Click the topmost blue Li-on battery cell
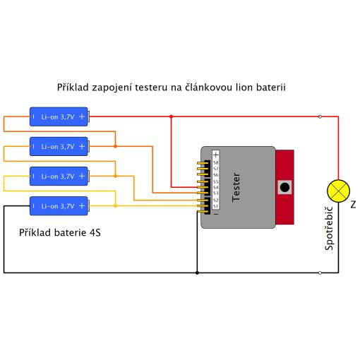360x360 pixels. [59, 116]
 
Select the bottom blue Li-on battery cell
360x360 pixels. [59, 206]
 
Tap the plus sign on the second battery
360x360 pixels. [82, 146]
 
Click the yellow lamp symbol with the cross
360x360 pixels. [338, 191]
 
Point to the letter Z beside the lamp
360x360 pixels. [353, 205]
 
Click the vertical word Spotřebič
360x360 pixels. [329, 228]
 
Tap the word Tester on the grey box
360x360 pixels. [236, 187]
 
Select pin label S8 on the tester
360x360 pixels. [216, 162]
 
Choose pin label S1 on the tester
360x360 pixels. [216, 206]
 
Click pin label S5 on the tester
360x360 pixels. [216, 181]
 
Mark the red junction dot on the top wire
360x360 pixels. [171, 116]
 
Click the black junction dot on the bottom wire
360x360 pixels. [197, 272]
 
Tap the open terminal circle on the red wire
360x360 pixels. [320, 116]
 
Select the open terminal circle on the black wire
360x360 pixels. [320, 272]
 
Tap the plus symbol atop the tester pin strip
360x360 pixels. [216, 155]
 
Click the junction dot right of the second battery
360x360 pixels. [115, 146]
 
